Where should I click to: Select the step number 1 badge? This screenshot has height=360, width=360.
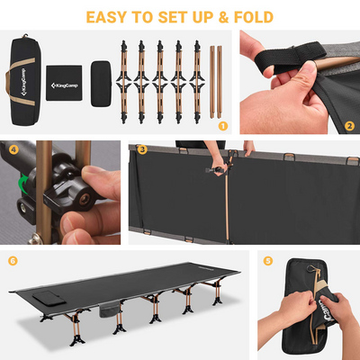[x=223, y=127]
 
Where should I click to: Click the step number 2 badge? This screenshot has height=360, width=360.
[x=349, y=127]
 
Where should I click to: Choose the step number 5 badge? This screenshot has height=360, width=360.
[x=268, y=261]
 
